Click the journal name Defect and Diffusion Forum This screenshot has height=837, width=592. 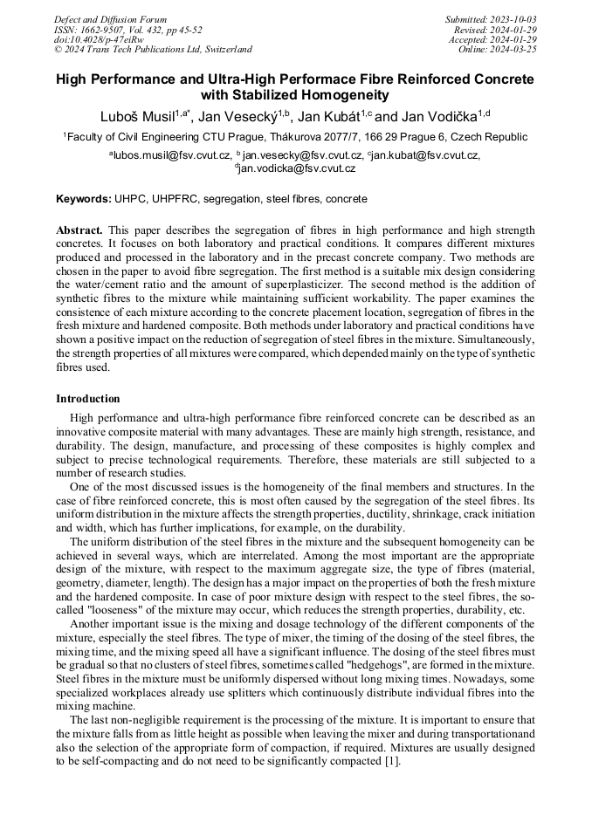click(x=110, y=19)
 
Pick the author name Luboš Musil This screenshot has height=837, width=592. click(x=134, y=115)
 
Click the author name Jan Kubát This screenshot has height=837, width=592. click(x=339, y=115)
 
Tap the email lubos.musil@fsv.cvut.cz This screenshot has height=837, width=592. click(x=171, y=155)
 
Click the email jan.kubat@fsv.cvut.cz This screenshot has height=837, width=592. click(x=425, y=155)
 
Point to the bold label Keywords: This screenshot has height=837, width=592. click(x=84, y=199)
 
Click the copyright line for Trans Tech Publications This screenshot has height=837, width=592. click(x=154, y=50)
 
